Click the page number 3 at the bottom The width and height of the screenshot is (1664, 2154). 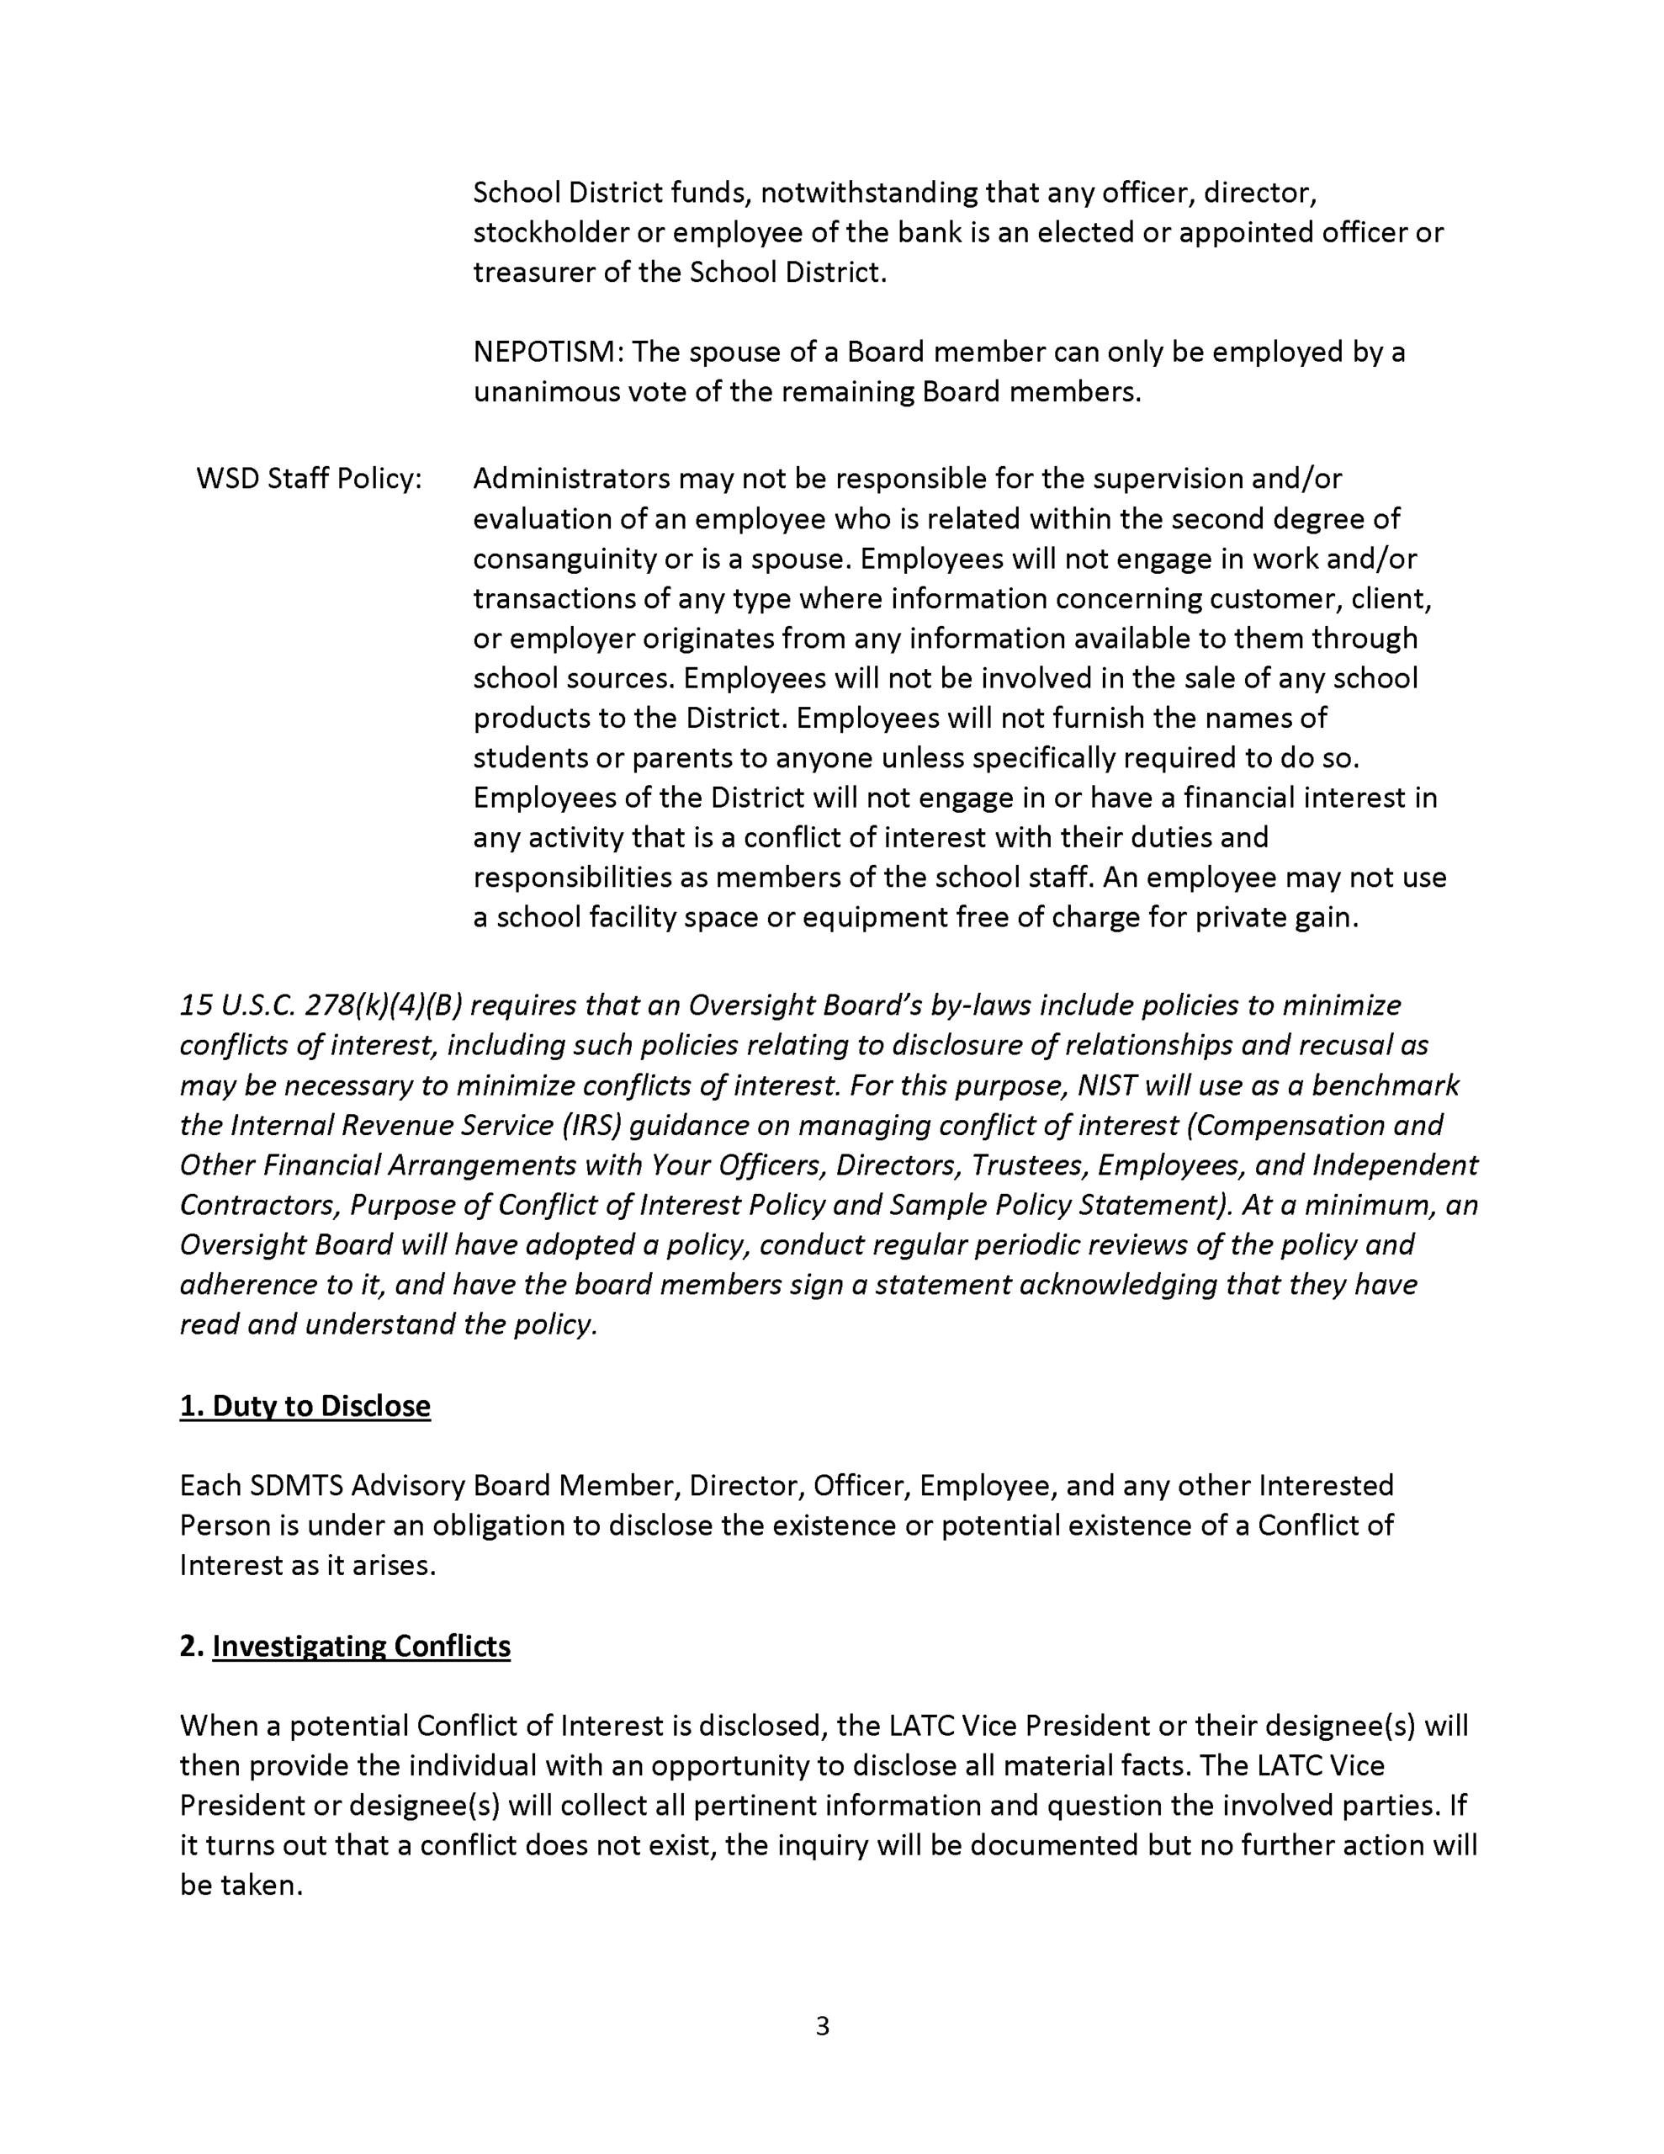point(823,2024)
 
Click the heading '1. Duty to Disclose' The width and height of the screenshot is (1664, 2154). point(305,1405)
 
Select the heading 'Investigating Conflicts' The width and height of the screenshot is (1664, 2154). point(361,1646)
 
